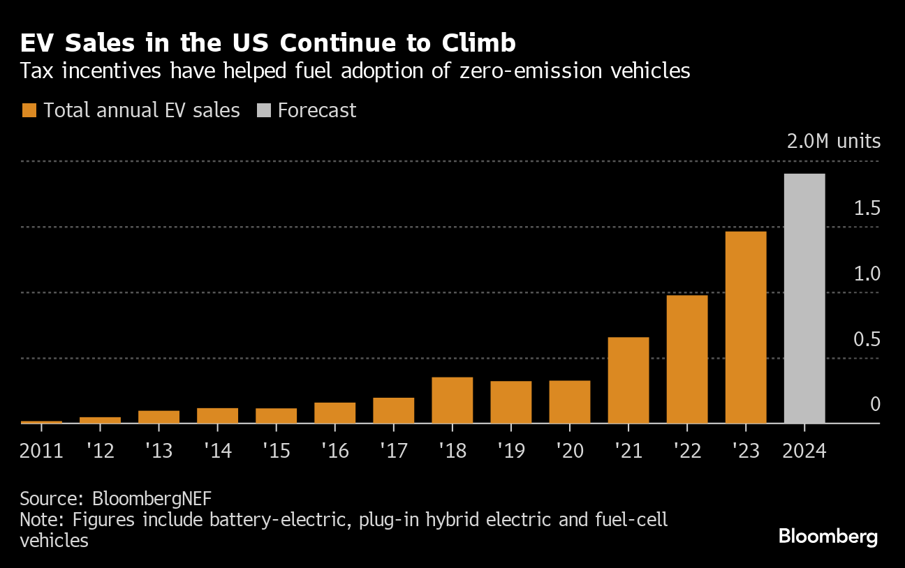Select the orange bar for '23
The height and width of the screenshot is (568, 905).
[x=746, y=327]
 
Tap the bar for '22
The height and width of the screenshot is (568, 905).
[x=687, y=359]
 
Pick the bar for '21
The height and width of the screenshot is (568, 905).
[x=628, y=380]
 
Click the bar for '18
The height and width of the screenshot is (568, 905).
[x=453, y=400]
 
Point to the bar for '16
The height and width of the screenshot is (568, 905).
[x=335, y=413]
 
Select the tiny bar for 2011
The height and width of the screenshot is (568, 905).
[x=41, y=421]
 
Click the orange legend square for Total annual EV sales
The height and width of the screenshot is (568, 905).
[x=29, y=110]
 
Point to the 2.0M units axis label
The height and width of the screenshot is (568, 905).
[x=834, y=142]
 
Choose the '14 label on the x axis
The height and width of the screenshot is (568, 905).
[x=218, y=451]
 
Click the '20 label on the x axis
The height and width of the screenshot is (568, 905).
[x=570, y=451]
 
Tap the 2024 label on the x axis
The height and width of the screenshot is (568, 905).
[x=804, y=451]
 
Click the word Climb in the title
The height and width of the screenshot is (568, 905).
[x=479, y=44]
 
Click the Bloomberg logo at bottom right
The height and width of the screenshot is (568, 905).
[x=827, y=537]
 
